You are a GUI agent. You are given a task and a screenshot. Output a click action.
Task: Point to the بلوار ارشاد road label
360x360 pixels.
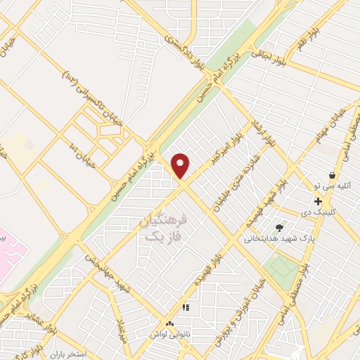tap(261, 134)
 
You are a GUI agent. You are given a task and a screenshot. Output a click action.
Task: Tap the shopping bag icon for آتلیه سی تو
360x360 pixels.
tap(332, 175)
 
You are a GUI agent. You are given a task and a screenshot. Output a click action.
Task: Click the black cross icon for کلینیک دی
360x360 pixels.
tap(319, 201)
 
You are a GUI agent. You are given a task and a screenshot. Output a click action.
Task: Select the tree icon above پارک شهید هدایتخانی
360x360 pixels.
tap(280, 228)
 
